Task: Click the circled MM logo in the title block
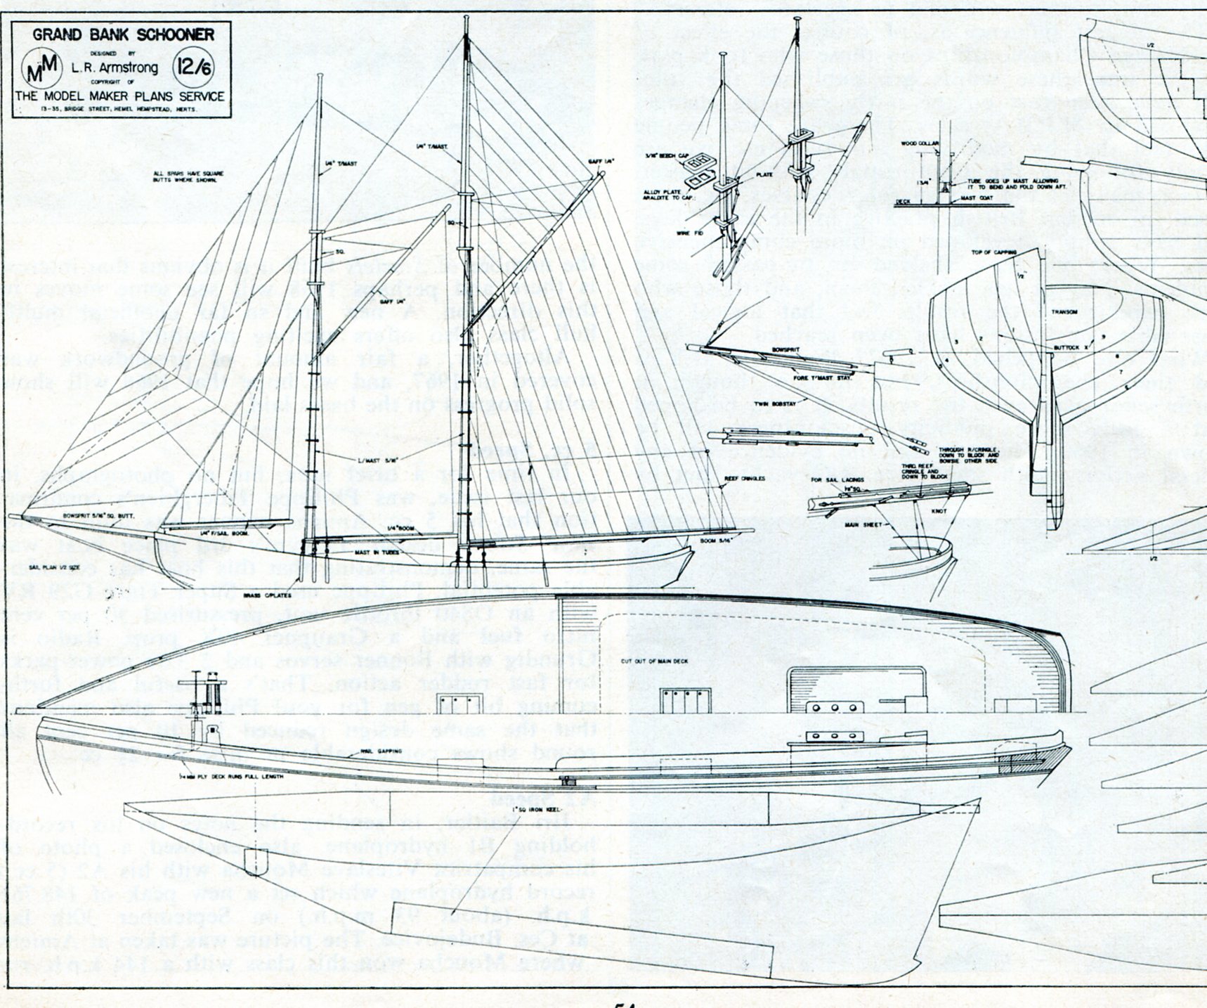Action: click(40, 68)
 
